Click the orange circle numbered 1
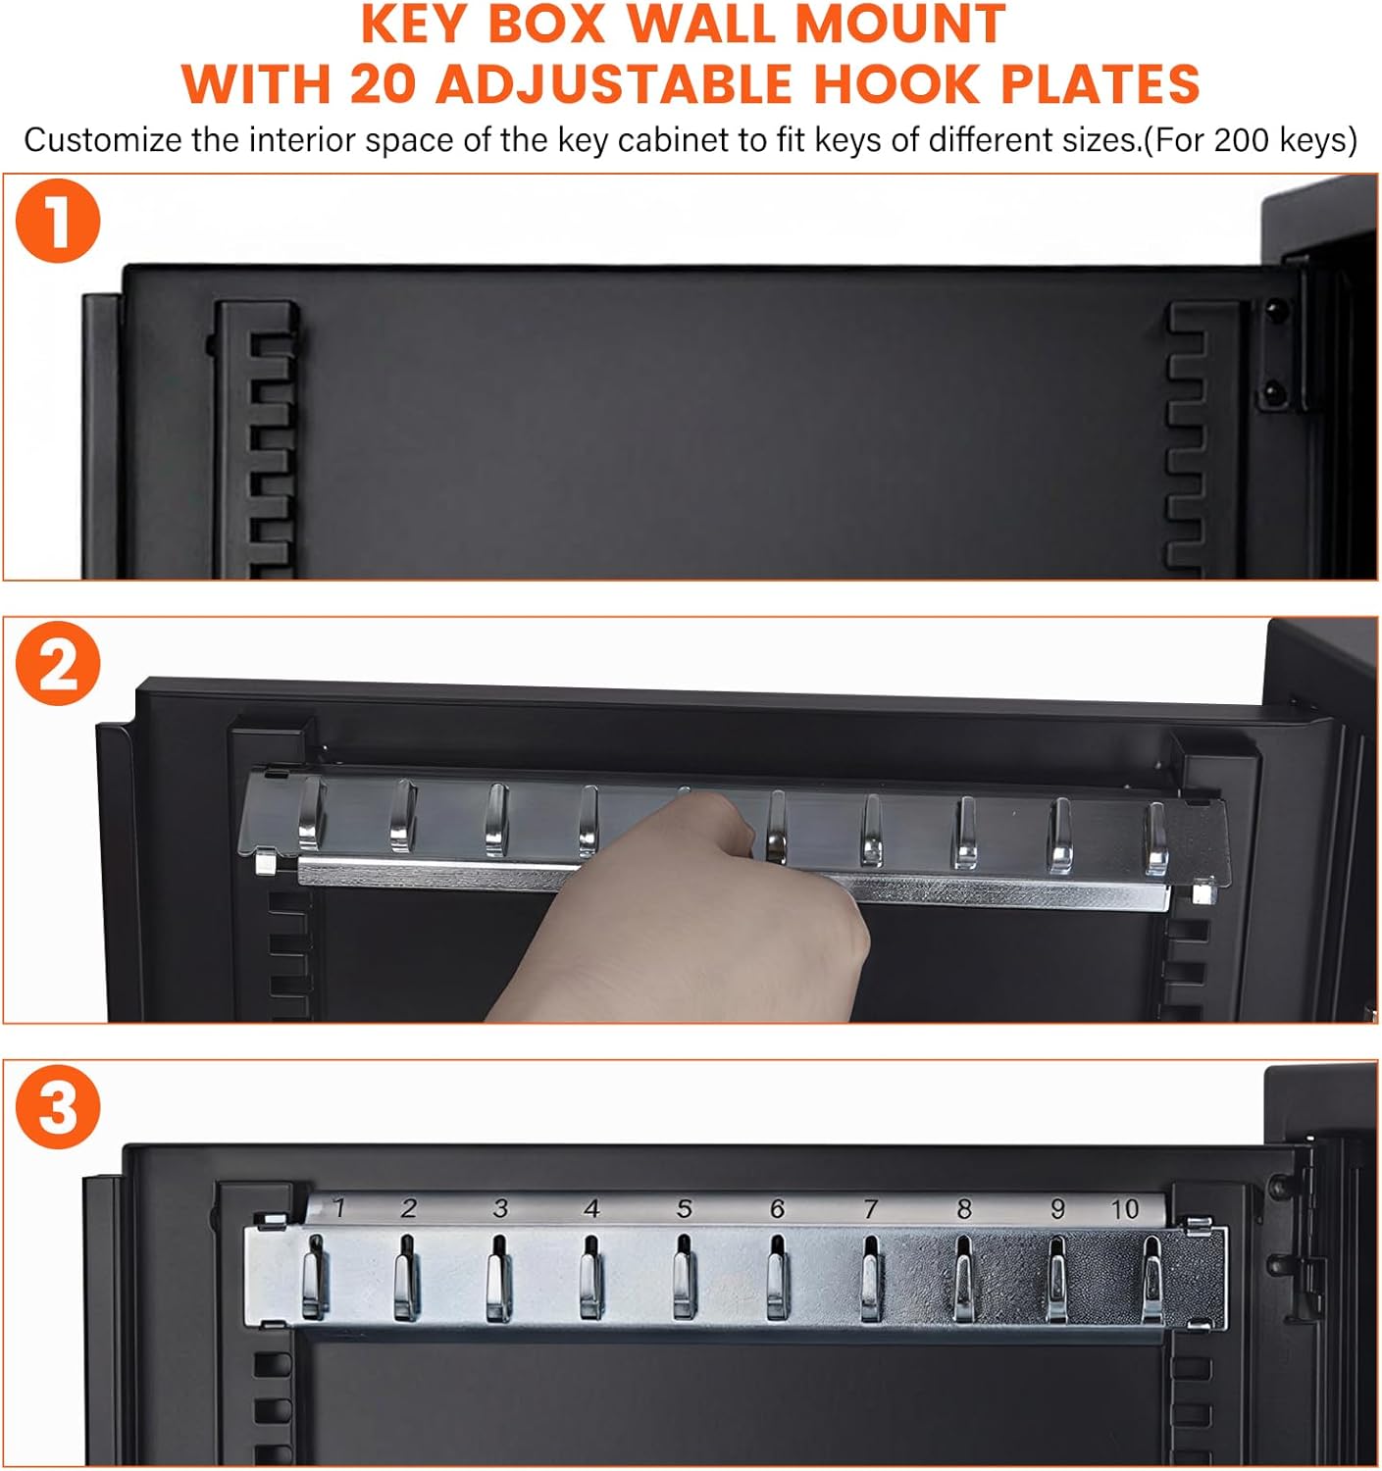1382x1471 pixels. click(x=58, y=221)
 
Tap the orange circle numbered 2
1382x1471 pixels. click(x=58, y=664)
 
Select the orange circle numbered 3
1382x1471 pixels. click(x=58, y=1106)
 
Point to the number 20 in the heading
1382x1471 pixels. click(x=383, y=83)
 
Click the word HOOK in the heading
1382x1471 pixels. click(x=896, y=83)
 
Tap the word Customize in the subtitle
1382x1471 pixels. click(x=102, y=140)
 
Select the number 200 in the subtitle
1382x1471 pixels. click(x=1243, y=140)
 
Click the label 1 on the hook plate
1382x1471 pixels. click(x=339, y=1208)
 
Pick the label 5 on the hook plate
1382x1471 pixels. click(x=684, y=1208)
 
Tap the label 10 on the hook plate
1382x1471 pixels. click(x=1124, y=1209)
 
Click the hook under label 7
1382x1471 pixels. click(x=871, y=1276)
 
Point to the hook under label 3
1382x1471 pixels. click(x=498, y=1276)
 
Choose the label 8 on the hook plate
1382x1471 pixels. click(x=963, y=1208)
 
